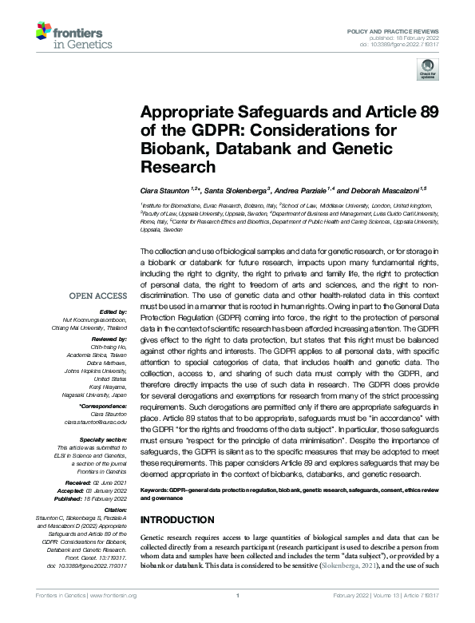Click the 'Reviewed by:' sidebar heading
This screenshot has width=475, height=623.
[107, 339]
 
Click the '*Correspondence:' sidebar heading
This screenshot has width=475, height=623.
[104, 406]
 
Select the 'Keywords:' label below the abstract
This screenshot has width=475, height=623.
[158, 487]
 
